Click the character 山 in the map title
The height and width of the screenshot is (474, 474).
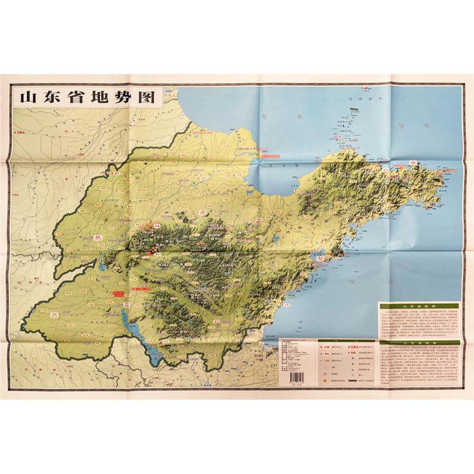tap(28, 97)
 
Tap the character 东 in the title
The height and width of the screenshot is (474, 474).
tap(52, 97)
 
